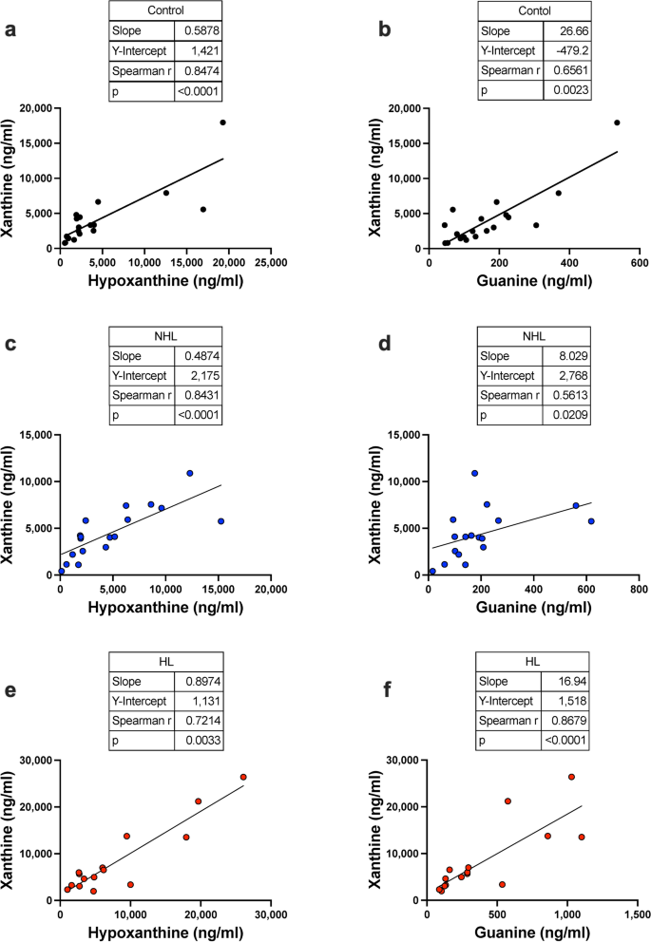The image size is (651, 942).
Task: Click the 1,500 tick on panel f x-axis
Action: pyautogui.click(x=638, y=913)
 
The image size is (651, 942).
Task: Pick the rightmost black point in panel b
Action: pyautogui.click(x=617, y=122)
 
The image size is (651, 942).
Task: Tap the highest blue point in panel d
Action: pyautogui.click(x=474, y=473)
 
